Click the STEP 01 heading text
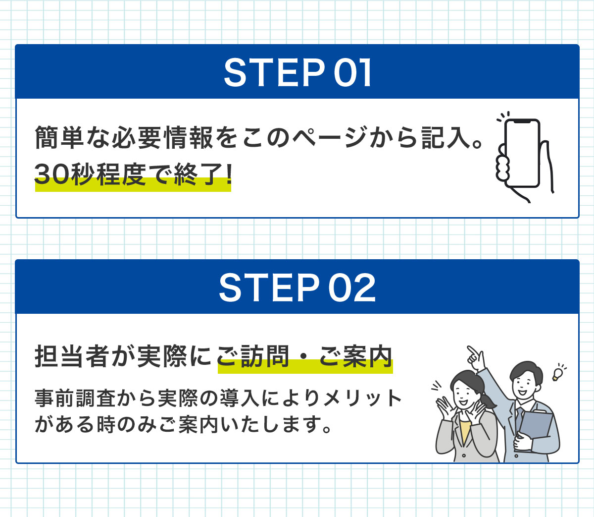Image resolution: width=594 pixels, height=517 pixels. coord(297,73)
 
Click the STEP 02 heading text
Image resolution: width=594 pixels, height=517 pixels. coord(297,288)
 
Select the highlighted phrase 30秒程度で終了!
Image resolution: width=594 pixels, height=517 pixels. coord(133,174)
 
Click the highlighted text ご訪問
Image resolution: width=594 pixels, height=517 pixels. coord(253,356)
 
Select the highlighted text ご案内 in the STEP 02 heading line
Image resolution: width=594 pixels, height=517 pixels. coord(355,356)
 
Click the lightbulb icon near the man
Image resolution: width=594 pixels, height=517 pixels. coord(558,373)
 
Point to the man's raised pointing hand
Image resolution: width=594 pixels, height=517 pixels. coord(475,357)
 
